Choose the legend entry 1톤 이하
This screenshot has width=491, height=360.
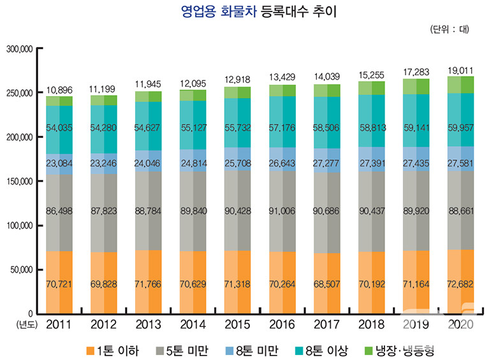coord(112,350)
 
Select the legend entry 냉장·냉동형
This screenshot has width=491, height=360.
coord(409,350)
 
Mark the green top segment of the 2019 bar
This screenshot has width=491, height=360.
coord(416,86)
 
